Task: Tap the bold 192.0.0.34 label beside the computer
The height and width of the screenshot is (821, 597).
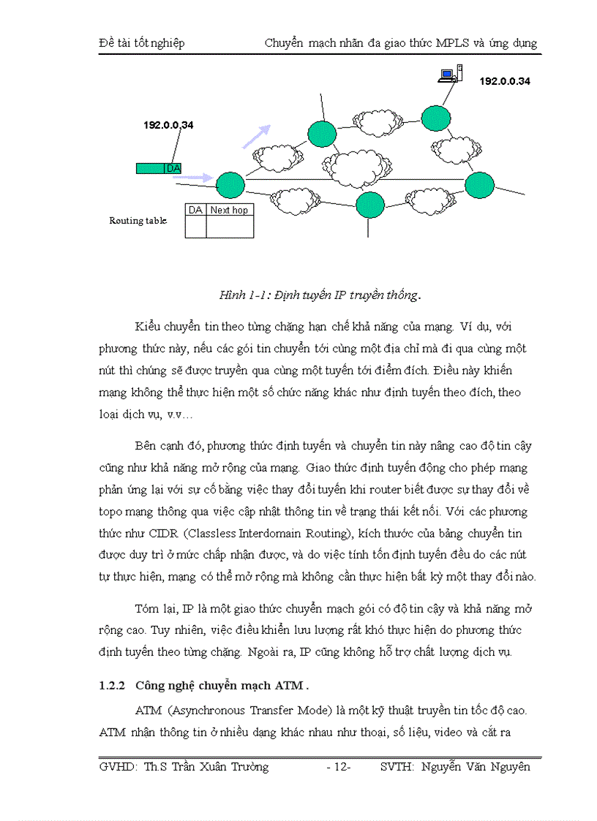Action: click(x=505, y=82)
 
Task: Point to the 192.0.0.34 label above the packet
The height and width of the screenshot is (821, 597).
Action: click(x=168, y=125)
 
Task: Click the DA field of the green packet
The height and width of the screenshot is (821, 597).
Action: click(x=173, y=169)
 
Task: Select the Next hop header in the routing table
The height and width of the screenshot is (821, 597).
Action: click(x=229, y=211)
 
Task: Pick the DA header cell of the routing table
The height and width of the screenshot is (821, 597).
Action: click(x=195, y=211)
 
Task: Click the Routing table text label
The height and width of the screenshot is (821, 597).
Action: click(x=138, y=221)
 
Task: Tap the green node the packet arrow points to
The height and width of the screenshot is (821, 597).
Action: click(x=230, y=184)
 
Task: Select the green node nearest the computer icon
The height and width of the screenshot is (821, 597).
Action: click(x=435, y=117)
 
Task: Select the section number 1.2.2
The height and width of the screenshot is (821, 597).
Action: click(x=112, y=686)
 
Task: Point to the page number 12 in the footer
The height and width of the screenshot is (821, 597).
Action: click(x=339, y=767)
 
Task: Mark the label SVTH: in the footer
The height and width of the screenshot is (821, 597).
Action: click(x=398, y=767)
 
